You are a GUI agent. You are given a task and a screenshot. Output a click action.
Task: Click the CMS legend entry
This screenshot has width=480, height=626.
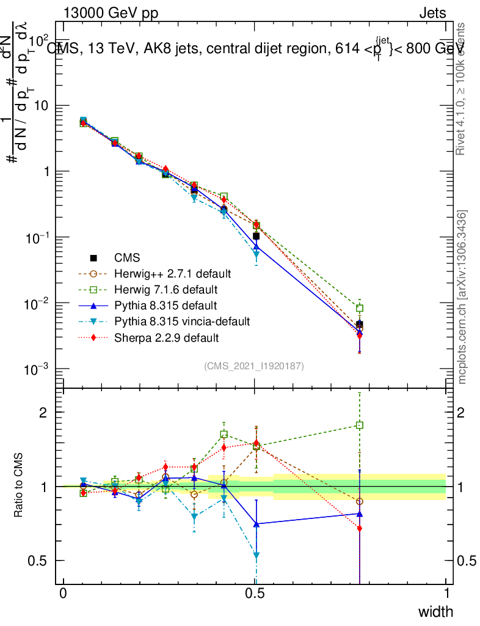click(x=127, y=259)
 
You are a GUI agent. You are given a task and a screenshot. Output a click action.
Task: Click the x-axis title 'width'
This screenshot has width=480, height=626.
click(x=435, y=611)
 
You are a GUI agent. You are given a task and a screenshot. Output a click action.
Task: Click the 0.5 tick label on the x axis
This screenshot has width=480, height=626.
click(x=255, y=594)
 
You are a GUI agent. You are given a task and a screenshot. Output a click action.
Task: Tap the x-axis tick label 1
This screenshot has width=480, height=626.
click(x=446, y=594)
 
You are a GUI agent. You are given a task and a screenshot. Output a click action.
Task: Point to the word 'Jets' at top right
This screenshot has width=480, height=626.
click(x=432, y=13)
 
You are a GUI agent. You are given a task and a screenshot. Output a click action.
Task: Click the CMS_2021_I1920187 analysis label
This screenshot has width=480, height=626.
click(x=254, y=366)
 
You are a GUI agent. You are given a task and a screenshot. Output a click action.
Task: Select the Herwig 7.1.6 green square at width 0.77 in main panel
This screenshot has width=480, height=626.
click(x=360, y=308)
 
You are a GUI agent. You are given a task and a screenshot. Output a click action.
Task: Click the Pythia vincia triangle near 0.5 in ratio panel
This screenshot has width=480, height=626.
click(x=256, y=556)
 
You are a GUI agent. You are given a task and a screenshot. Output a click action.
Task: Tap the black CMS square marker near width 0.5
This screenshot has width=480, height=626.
click(x=256, y=236)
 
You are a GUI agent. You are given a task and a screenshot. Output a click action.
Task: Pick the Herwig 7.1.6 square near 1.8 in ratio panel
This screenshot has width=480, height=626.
click(x=360, y=425)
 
